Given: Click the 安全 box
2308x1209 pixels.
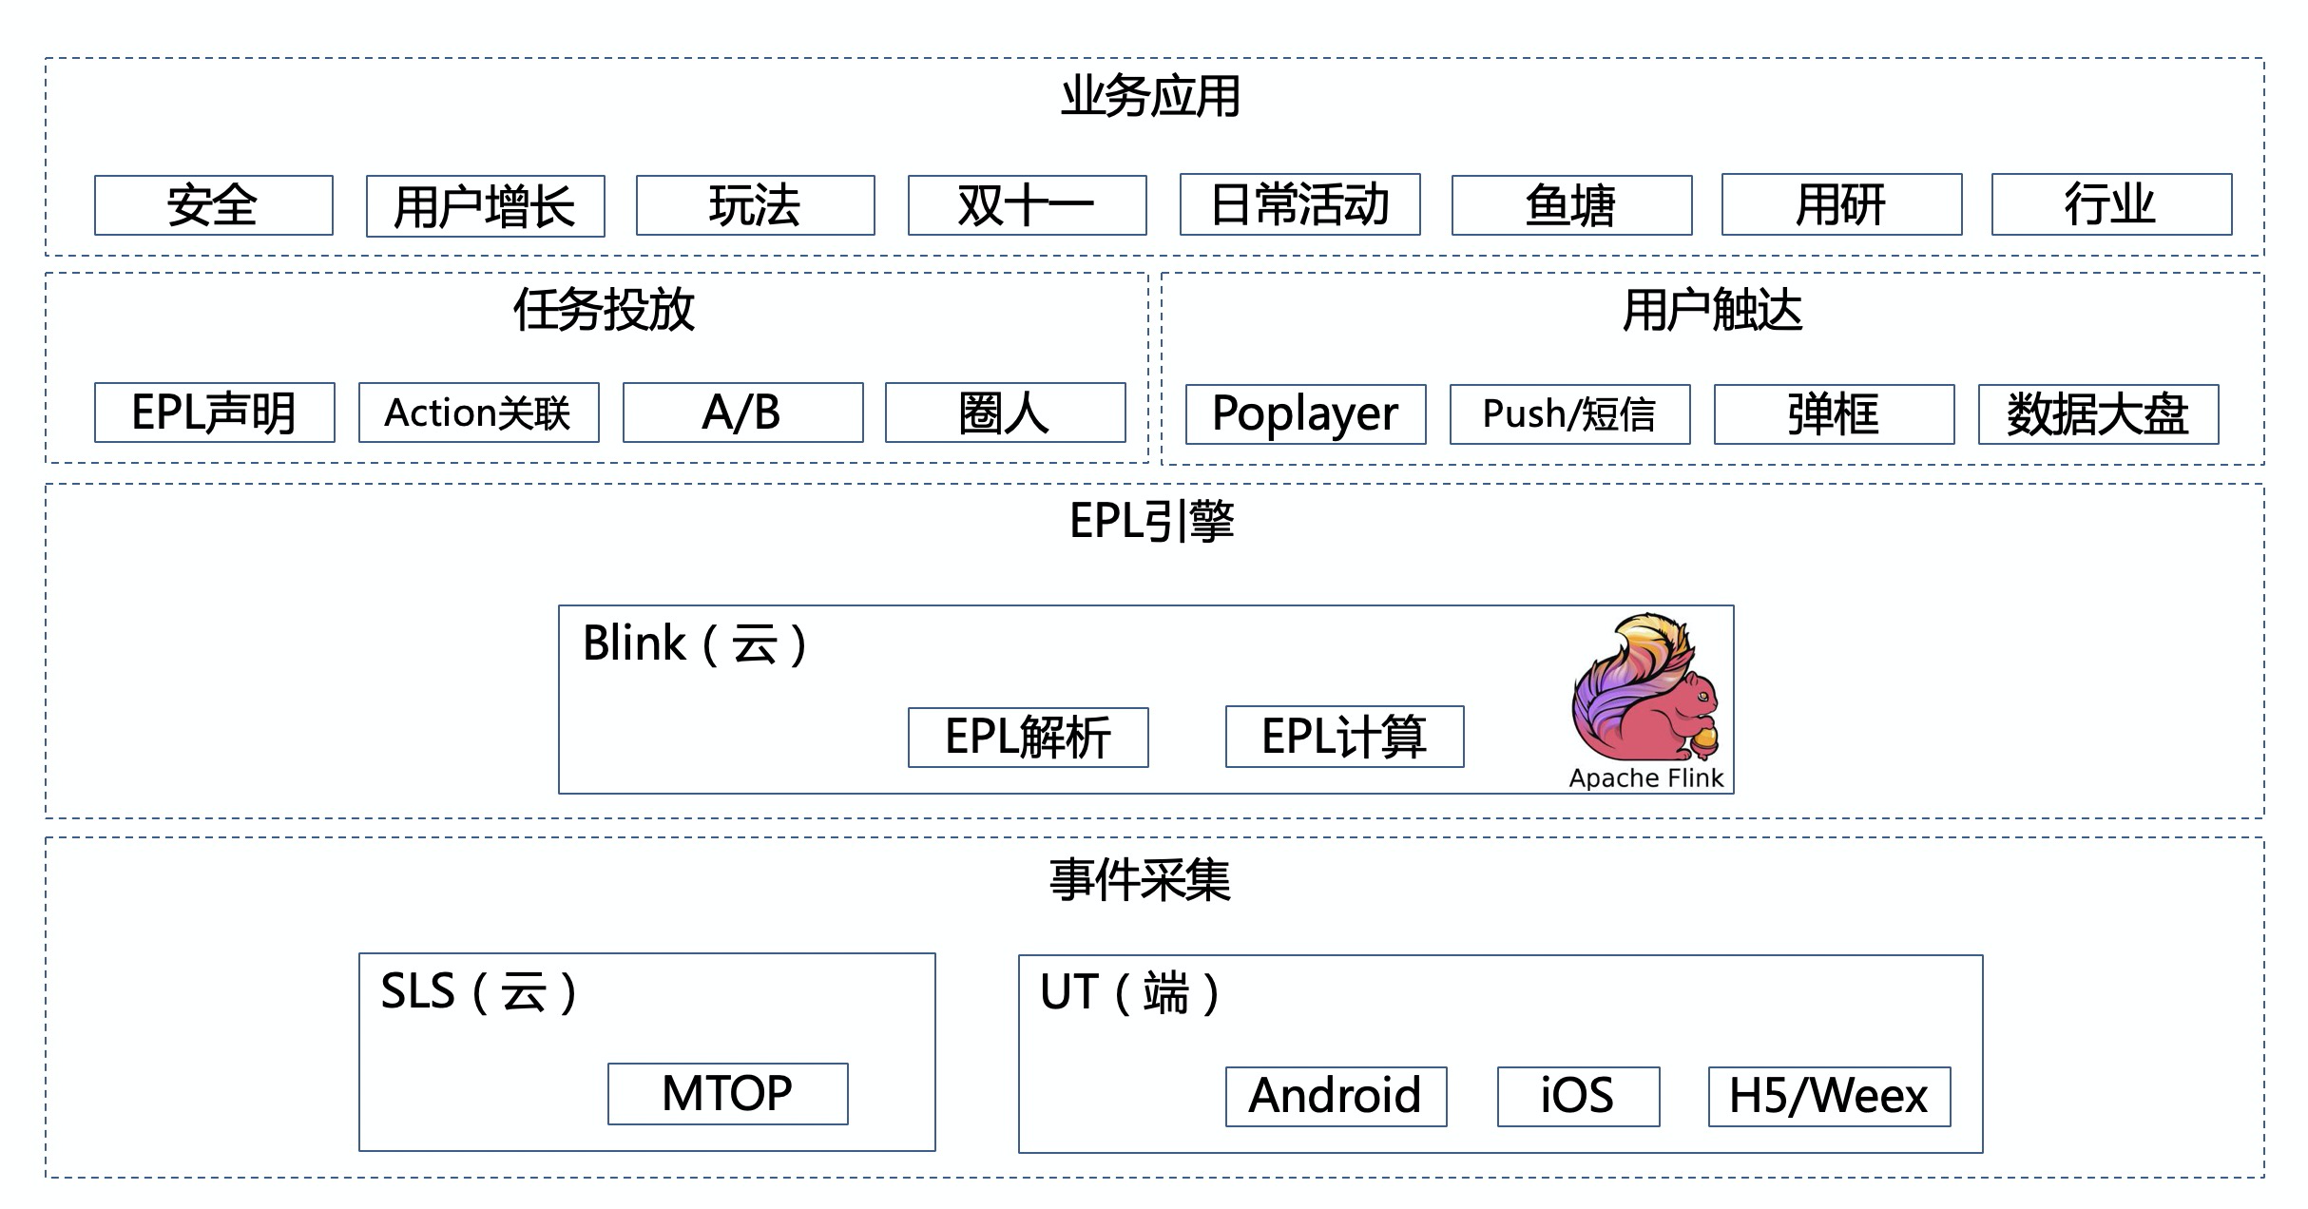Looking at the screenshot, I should pyautogui.click(x=213, y=205).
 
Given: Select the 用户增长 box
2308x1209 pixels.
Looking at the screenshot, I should pyautogui.click(x=485, y=206).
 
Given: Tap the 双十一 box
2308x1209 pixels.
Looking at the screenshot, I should pyautogui.click(x=1027, y=205).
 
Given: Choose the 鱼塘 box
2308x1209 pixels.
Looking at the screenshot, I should pyautogui.click(x=1571, y=204).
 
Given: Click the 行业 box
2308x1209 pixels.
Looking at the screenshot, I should pyautogui.click(x=2111, y=204).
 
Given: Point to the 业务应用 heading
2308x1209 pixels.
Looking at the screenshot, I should pyautogui.click(x=1150, y=97).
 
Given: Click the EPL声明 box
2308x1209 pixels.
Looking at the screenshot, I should pyautogui.click(x=214, y=413).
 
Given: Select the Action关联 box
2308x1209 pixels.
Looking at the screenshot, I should pyautogui.click(x=478, y=413).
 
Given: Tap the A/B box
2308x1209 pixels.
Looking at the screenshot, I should pyautogui.click(x=742, y=413).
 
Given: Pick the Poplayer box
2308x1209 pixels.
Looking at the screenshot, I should pyautogui.click(x=1305, y=414).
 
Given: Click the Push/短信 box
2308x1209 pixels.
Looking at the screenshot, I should pyautogui.click(x=1569, y=414).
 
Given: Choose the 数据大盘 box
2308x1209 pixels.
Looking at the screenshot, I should pyautogui.click(x=2098, y=414).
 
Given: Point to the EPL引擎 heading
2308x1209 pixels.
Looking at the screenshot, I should pyautogui.click(x=1151, y=521).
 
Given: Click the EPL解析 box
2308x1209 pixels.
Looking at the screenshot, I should pyautogui.click(x=1028, y=738).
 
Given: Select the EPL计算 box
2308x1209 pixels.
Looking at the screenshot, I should pyautogui.click(x=1344, y=737).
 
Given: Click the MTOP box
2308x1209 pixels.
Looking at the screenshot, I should pyautogui.click(x=727, y=1094).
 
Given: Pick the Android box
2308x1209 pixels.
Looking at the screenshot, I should pyautogui.click(x=1336, y=1097).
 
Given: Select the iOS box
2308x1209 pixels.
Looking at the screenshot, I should pyautogui.click(x=1578, y=1097).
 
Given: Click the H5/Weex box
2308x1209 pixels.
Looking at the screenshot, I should pyautogui.click(x=1829, y=1097).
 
